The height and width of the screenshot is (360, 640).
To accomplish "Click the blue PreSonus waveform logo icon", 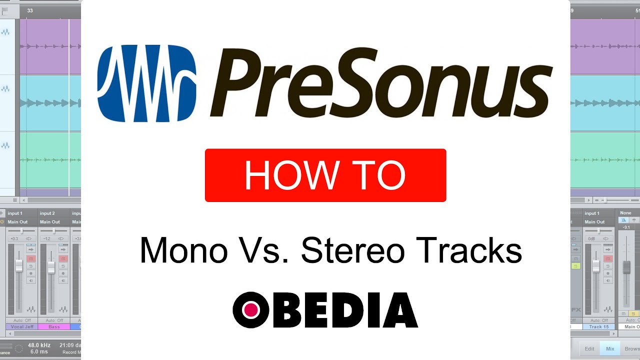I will (146, 83).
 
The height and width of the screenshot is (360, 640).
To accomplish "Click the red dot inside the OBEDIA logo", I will (251, 310).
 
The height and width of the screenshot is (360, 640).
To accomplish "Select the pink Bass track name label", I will (53, 326).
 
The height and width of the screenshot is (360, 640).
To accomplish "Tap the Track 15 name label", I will (598, 326).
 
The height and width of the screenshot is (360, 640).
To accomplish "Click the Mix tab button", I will (610, 348).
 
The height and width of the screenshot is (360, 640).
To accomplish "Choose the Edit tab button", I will (589, 348).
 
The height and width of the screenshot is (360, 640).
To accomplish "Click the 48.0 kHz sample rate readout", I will (38, 345).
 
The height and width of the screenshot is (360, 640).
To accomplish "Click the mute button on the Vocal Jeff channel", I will (31, 258).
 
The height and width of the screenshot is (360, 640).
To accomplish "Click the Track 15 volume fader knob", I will (595, 266).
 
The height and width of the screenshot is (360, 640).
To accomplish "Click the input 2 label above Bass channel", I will (47, 213).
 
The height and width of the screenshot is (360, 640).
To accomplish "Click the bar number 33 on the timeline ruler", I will (30, 10).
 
